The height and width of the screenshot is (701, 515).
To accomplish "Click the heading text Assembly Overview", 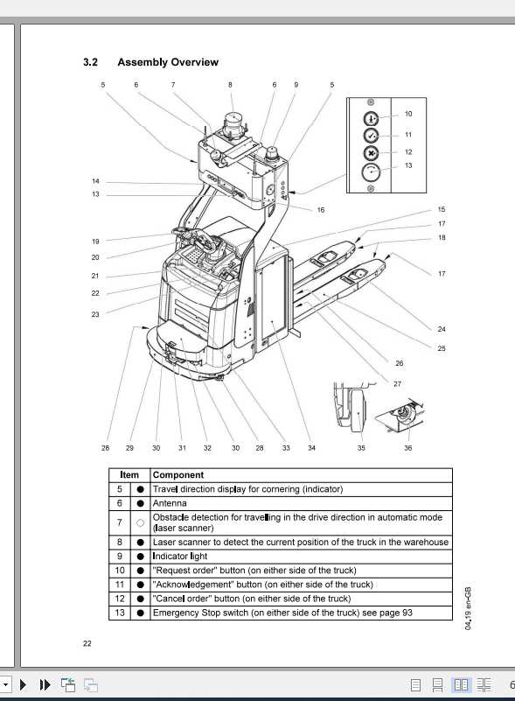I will pos(168,62).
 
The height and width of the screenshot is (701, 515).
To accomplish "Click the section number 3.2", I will pos(90,62).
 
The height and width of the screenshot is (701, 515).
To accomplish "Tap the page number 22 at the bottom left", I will pos(87,643).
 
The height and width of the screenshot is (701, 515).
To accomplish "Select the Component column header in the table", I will pos(178,475).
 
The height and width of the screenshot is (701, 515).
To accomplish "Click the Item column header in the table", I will pos(129,475).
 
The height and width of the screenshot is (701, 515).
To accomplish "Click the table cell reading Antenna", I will pos(171,503).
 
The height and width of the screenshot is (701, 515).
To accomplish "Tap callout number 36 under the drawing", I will pos(407,448).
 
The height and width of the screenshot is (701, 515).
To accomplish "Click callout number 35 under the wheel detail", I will pos(361,448).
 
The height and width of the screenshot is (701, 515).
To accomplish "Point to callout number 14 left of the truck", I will pos(95,181).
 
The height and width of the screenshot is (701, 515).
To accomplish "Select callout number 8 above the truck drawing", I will pos(231,85).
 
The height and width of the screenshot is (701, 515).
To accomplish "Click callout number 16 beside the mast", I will pos(321,210).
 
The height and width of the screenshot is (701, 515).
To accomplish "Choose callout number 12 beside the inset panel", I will pos(408,151).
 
